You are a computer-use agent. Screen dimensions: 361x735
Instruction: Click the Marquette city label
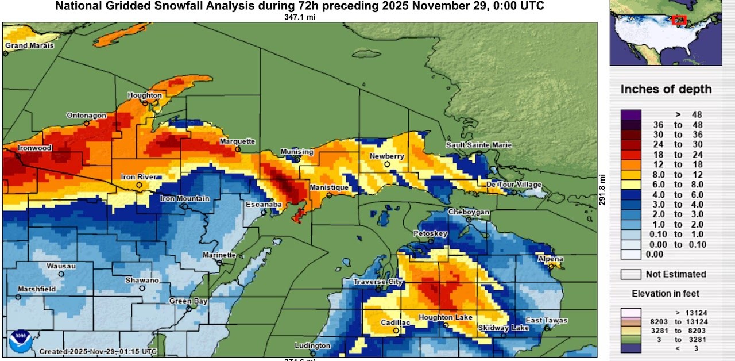point(237,141)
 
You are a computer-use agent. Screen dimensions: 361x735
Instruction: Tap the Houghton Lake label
point(446,317)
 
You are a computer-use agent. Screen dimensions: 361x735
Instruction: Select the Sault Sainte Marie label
point(478,145)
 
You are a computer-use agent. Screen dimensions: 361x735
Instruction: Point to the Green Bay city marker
point(189,309)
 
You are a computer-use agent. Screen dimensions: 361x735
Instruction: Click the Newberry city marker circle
point(387,164)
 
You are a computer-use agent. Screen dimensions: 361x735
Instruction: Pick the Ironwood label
point(34,148)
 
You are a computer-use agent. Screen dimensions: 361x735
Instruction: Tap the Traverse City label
point(377,282)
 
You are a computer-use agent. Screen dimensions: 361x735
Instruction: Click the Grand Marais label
point(29,45)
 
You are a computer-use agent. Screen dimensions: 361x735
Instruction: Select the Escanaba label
point(264,204)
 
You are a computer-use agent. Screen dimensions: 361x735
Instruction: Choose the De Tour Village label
point(514,185)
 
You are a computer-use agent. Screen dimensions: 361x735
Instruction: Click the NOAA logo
point(20,341)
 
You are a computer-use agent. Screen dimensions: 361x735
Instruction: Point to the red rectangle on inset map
point(679,20)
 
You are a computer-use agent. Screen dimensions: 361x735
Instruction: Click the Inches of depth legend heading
point(666,89)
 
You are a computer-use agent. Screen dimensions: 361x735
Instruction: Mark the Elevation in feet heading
point(666,294)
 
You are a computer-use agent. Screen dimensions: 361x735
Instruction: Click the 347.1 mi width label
point(300,17)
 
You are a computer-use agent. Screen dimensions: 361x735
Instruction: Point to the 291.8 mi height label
point(602,190)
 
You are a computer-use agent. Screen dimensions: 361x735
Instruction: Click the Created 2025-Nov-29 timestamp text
point(98,351)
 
